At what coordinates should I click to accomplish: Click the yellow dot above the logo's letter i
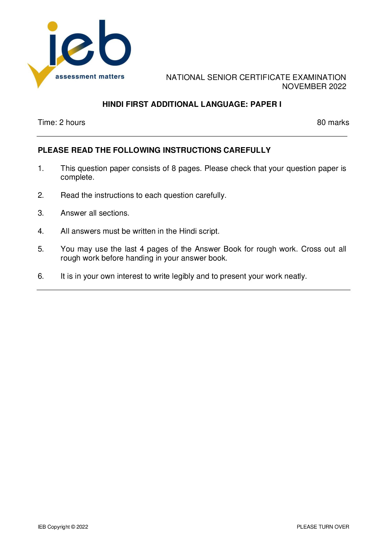[x=53, y=26]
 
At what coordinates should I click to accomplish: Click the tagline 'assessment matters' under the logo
[x=90, y=77]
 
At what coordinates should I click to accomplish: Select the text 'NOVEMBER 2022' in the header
[x=314, y=87]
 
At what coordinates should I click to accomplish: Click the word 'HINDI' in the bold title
[x=113, y=104]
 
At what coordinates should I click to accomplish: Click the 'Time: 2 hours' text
[x=61, y=122]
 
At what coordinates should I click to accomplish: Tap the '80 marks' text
[x=333, y=122]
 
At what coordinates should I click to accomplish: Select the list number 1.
[x=41, y=168]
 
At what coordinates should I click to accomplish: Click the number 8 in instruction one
[x=174, y=168]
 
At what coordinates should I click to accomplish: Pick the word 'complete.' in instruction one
[x=77, y=177]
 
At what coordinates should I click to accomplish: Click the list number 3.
[x=41, y=213]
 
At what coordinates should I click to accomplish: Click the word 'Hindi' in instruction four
[x=188, y=231]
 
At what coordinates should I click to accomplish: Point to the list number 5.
[x=41, y=249]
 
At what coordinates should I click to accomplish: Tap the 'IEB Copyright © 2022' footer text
[x=63, y=527]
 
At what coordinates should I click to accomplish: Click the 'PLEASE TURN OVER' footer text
[x=323, y=527]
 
